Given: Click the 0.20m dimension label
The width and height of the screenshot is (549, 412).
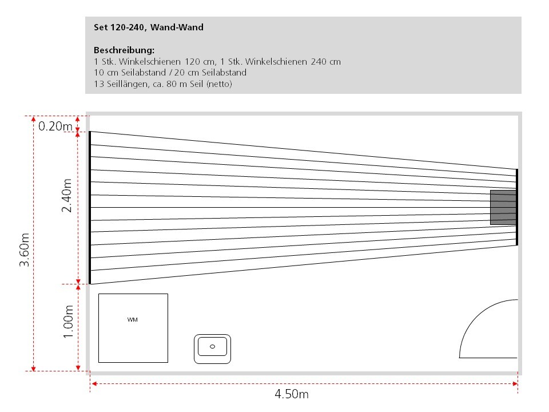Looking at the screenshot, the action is pos(55,126).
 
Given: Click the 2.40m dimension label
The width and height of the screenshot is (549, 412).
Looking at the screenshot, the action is pos(66,196).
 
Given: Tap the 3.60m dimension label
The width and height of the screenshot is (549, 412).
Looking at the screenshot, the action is pos(24,250).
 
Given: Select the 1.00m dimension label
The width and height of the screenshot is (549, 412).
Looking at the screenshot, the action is pos(68,322).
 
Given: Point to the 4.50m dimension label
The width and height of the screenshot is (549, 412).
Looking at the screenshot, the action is pos(292,394).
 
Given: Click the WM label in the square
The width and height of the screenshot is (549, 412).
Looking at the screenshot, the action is pos(132,319).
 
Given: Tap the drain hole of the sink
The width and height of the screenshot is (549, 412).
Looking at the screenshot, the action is pos(212,347).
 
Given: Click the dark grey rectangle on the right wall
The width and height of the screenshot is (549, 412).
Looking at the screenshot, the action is pos(503,207).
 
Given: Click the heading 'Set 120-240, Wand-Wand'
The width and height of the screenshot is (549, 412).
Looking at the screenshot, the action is pos(149,27).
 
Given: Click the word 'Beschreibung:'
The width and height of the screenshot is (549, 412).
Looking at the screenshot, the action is pos(124,50).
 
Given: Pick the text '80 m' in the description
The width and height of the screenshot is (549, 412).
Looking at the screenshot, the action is pos(177,84).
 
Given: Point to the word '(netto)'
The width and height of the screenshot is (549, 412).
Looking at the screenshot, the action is pos(219,84).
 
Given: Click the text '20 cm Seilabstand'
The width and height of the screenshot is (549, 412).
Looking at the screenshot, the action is pos(210,73).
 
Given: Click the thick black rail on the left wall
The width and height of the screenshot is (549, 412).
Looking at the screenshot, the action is pos(90,207).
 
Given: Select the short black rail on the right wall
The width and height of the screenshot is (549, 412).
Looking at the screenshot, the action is pos(517,207).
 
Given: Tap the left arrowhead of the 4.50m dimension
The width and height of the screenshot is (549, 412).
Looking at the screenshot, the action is pos(93,383).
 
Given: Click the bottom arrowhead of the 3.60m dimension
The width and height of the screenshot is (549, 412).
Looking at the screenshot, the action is pos(33,368).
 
